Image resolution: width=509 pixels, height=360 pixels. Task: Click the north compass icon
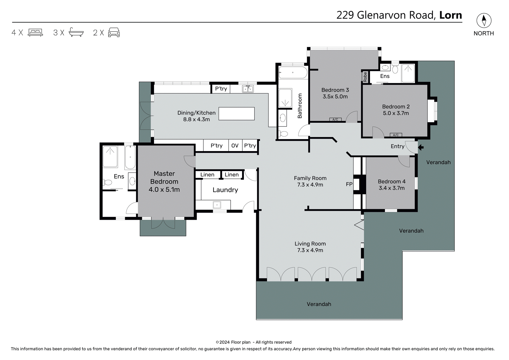484,20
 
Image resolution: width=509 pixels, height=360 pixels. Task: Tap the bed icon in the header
35,33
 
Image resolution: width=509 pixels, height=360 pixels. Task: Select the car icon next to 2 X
114,33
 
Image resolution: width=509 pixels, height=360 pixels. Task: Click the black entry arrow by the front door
421,147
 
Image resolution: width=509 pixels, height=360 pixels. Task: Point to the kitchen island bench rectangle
236,114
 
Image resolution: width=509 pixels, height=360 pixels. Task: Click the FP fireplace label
349,184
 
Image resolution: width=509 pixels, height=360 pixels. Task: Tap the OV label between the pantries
235,146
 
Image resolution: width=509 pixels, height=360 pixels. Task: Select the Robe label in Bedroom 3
365,77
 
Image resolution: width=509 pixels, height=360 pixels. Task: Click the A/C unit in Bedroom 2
396,135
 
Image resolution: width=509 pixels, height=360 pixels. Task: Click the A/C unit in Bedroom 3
335,120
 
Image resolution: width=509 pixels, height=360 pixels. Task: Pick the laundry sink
217,205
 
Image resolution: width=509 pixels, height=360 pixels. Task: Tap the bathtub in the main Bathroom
293,72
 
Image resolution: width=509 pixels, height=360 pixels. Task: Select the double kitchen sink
248,89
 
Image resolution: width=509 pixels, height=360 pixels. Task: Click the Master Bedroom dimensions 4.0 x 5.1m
164,190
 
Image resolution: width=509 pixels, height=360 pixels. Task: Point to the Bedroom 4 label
392,182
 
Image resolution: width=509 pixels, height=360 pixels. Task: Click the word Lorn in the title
450,15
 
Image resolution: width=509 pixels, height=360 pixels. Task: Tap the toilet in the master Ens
108,182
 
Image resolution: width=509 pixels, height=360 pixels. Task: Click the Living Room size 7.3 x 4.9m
310,250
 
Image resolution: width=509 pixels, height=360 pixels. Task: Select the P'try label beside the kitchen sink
221,89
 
